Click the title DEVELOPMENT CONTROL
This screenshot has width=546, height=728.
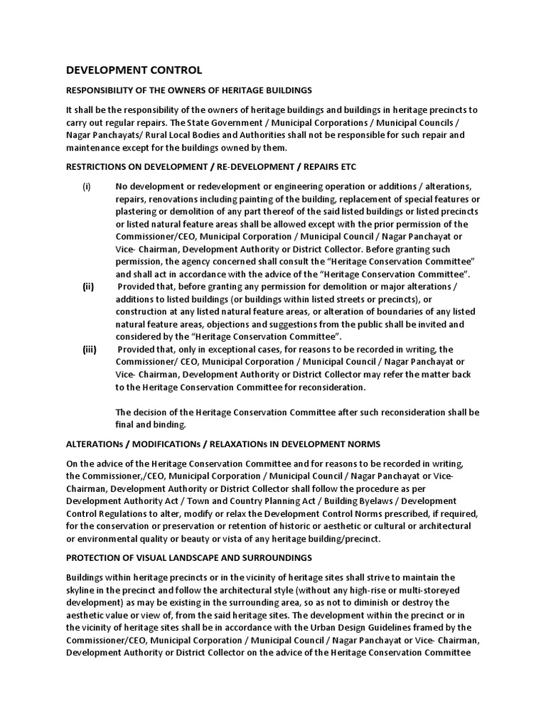(x=134, y=70)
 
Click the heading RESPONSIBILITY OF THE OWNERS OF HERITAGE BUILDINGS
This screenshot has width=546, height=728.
(x=188, y=90)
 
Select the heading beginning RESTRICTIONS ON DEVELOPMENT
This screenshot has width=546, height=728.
(x=211, y=166)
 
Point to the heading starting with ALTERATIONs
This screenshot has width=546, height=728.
(x=223, y=444)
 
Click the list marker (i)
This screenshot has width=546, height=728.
(x=86, y=186)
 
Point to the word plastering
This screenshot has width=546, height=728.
(x=139, y=213)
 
